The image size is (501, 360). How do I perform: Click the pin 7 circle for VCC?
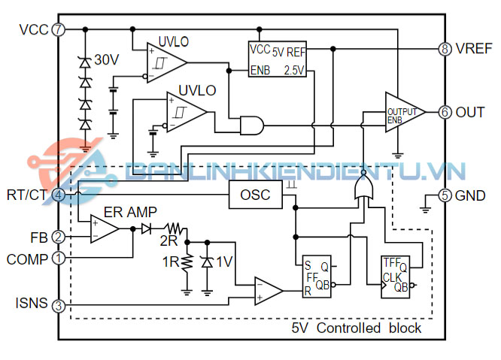(x=59, y=29)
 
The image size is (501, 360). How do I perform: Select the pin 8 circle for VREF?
(x=445, y=49)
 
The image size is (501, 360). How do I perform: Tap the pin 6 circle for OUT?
(x=445, y=112)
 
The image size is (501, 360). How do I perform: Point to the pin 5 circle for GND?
(x=445, y=195)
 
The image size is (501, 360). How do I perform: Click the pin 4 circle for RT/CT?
(x=59, y=195)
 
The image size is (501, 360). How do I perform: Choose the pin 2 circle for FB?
(x=59, y=237)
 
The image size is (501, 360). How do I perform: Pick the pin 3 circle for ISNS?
(x=59, y=305)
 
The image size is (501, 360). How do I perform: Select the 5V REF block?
(x=278, y=59)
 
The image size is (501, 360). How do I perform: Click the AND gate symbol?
(x=251, y=125)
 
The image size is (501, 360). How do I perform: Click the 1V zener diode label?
(x=223, y=262)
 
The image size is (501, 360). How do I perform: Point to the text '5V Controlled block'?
(x=357, y=329)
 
